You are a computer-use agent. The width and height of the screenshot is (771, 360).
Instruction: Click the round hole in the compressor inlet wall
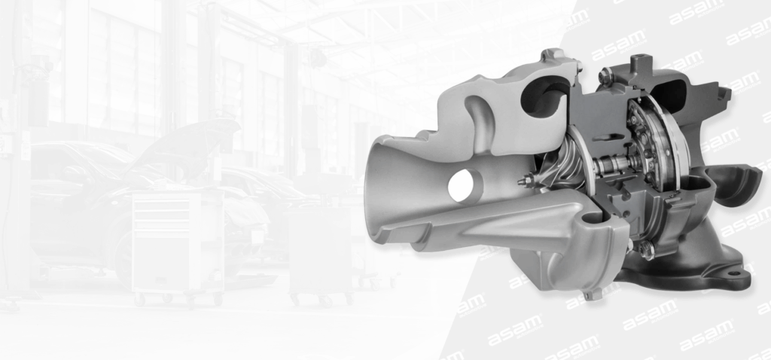pos(459,183)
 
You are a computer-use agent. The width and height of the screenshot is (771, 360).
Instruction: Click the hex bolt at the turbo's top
pos(604,75)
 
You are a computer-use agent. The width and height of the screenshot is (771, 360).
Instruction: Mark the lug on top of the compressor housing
pos(553,56)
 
